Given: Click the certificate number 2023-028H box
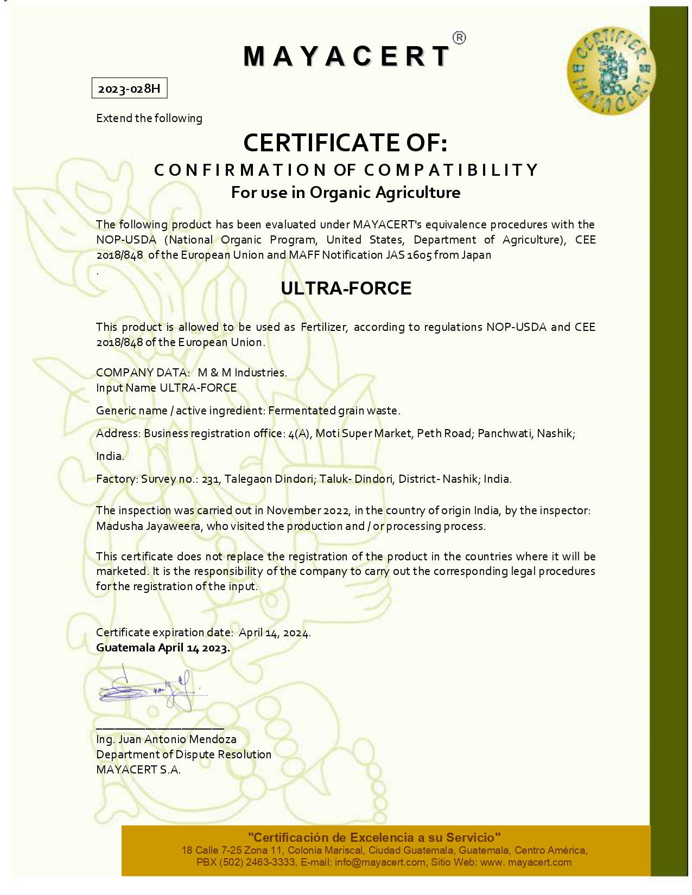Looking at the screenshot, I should click(x=129, y=88).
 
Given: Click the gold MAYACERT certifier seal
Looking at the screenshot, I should click(x=610, y=71).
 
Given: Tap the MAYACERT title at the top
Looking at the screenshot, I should click(x=346, y=56).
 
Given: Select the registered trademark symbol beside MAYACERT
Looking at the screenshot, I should click(x=459, y=38).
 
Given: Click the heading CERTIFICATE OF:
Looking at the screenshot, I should click(x=345, y=143).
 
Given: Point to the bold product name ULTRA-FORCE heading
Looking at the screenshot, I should click(x=346, y=288).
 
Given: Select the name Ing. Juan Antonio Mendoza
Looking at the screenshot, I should click(x=166, y=739).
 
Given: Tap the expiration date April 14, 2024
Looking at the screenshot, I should click(x=275, y=632).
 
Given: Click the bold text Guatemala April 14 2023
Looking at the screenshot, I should click(x=163, y=648).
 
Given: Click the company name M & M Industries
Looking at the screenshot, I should click(x=242, y=373).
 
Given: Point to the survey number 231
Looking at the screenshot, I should click(x=210, y=479).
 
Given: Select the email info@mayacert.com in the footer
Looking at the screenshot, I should click(x=380, y=862).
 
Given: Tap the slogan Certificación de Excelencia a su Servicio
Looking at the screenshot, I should click(x=374, y=838).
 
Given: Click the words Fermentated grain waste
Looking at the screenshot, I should click(x=334, y=411).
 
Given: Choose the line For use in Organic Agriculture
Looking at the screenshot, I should click(x=346, y=193).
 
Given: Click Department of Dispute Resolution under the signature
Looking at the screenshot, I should click(x=183, y=755).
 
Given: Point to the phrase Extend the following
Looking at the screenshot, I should click(x=149, y=118).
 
